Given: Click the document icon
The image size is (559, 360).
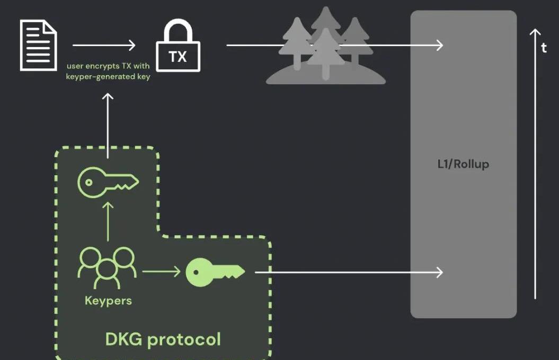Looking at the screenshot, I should [x=38, y=45].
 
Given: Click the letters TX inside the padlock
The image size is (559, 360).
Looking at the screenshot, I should [x=178, y=57].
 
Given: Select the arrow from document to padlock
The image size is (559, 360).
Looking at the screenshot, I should [x=104, y=46].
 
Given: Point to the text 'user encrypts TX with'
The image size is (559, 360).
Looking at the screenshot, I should [x=108, y=67].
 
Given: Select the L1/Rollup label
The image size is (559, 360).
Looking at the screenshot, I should [x=463, y=164].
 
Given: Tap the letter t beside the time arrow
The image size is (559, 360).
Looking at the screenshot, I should [x=544, y=48].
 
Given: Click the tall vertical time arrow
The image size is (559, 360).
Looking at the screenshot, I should [x=535, y=164].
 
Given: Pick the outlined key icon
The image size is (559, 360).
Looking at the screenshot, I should [x=108, y=182].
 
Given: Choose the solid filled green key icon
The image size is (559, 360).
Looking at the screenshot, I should [x=215, y=272].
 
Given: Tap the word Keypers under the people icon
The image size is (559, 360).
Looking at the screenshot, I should [x=108, y=301].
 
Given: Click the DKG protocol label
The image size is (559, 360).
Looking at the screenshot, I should [x=163, y=339].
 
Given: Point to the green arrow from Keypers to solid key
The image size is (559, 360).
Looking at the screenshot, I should [x=161, y=272].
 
